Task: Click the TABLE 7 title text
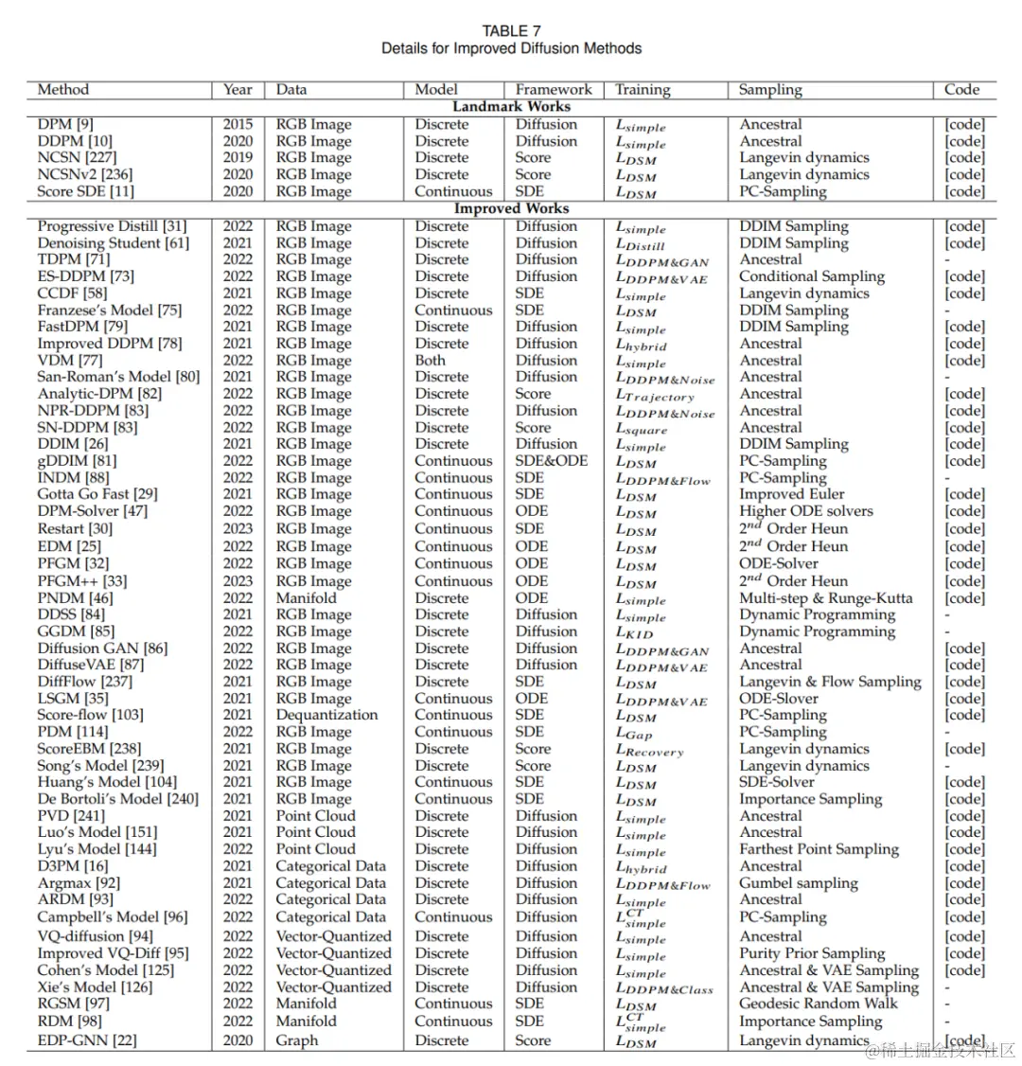[x=511, y=31]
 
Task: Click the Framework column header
[x=554, y=90]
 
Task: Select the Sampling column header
[x=770, y=90]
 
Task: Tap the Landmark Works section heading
[x=511, y=107]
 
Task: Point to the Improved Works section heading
[x=511, y=208]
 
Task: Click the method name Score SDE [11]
[x=85, y=191]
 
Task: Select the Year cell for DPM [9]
[x=238, y=124]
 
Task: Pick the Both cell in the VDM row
[x=430, y=360]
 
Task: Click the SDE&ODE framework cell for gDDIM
[x=552, y=461]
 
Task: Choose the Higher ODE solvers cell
[x=806, y=511]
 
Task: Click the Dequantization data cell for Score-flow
[x=326, y=715]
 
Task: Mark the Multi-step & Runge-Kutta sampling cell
[x=826, y=598]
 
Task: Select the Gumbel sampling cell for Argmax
[x=799, y=883]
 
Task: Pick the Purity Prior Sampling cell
[x=812, y=953]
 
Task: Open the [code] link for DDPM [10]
[x=964, y=141]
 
